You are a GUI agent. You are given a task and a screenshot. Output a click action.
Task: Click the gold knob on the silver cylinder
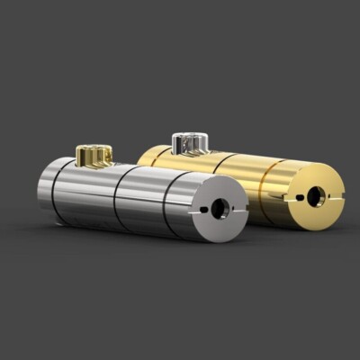click(94, 156)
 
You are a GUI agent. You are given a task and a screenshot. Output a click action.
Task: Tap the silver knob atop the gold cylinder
click(189, 141)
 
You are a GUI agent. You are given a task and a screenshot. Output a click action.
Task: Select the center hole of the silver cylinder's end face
click(219, 208)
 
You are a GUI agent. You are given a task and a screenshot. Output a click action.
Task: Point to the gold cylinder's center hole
click(315, 195)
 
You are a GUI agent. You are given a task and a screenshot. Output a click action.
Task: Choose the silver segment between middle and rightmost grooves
click(142, 201)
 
